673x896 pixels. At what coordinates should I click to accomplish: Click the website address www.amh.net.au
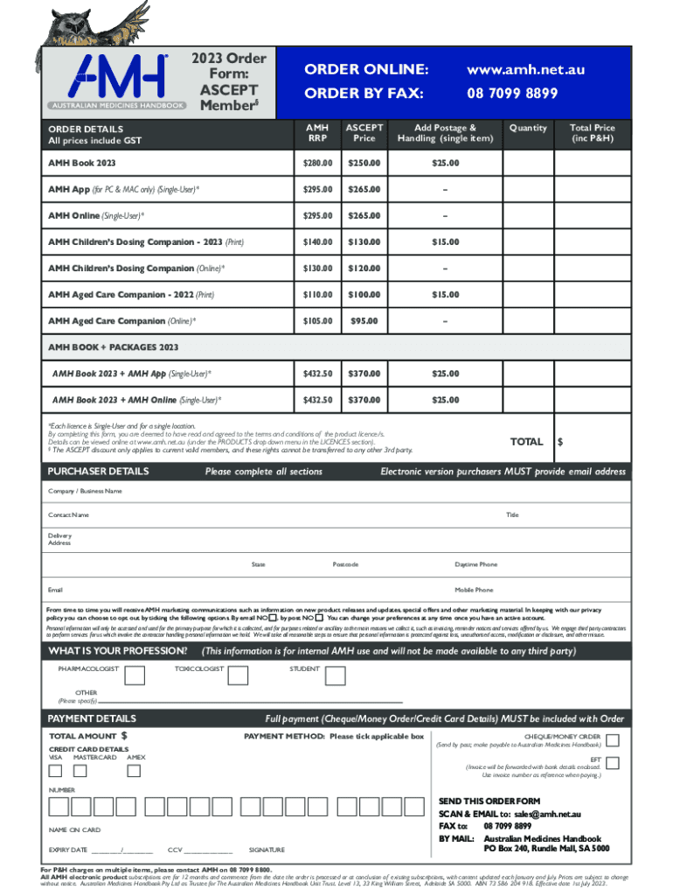tap(525, 69)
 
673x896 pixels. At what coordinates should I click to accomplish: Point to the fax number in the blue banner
tap(512, 93)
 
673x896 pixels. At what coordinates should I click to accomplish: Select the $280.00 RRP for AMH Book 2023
tap(317, 164)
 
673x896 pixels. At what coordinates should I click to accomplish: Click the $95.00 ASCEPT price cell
tap(364, 321)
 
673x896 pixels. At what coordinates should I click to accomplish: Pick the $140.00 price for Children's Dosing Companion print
tap(317, 242)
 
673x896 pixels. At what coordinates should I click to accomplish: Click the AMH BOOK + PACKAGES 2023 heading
tap(113, 347)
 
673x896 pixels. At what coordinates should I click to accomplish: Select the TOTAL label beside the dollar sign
tap(526, 442)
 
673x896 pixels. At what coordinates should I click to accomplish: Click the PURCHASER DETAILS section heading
tap(97, 472)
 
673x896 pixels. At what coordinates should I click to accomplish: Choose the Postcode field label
tap(345, 564)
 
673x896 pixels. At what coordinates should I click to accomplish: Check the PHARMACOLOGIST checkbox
tap(135, 675)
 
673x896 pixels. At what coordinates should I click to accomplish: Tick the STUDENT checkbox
tap(337, 675)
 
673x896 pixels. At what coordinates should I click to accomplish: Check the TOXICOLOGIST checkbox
tap(238, 675)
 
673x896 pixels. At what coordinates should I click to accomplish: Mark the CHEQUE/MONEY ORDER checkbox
tap(613, 741)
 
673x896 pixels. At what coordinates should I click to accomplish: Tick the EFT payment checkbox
tap(613, 763)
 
